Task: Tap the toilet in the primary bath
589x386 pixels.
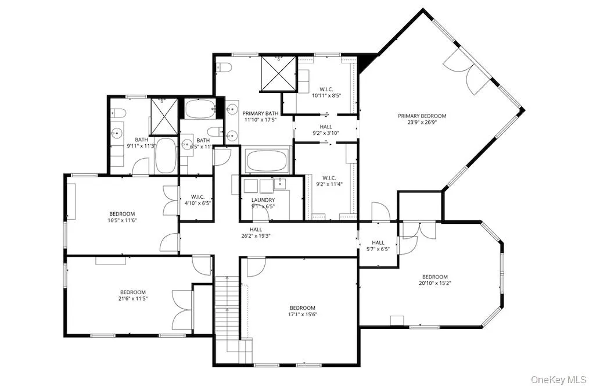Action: pos(224,67)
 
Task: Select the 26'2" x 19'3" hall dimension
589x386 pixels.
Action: pos(256,236)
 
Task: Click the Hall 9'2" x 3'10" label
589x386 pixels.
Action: pos(325,130)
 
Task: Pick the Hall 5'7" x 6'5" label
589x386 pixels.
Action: pos(378,246)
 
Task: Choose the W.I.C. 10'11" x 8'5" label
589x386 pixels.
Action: pos(326,92)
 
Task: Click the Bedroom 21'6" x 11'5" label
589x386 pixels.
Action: pos(133,295)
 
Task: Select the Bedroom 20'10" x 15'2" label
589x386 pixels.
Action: pos(434,280)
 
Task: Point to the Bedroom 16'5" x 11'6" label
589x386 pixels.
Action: pos(122,217)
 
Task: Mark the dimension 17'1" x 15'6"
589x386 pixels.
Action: pos(303,314)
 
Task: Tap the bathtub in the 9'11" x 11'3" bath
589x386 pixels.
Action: pos(166,155)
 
